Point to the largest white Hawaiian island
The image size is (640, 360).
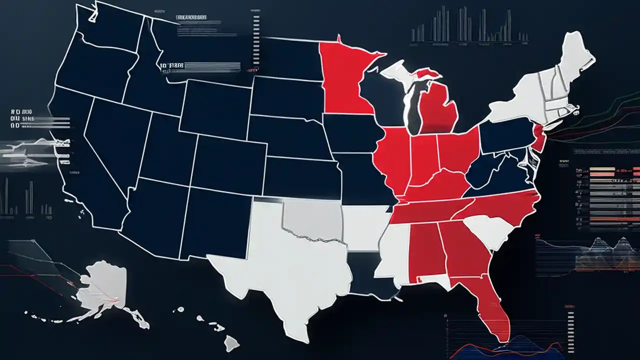coord(231,342)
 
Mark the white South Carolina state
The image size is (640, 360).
coord(492,230)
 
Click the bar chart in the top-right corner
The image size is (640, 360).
coord(470,25)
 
